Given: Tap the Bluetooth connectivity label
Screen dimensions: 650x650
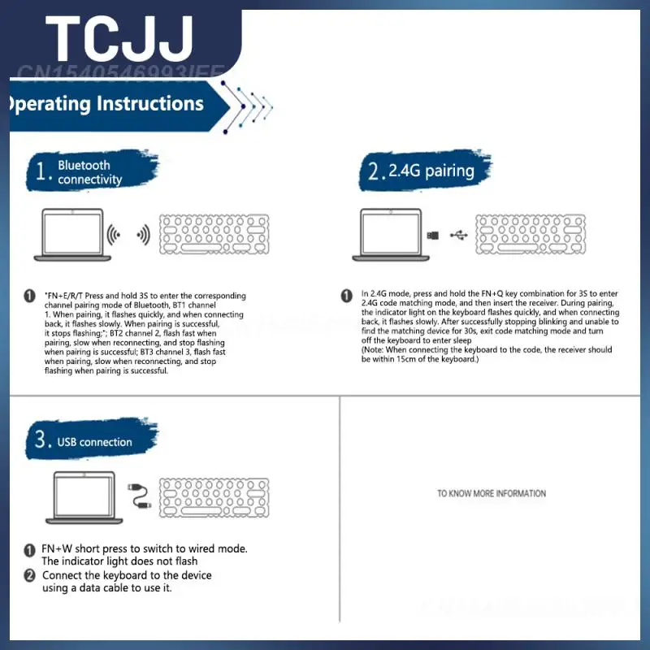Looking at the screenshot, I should tap(90, 172).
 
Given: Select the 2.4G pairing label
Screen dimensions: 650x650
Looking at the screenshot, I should tap(431, 171).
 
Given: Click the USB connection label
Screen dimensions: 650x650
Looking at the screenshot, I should tap(94, 442).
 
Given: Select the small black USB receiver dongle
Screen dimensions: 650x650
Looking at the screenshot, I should tap(435, 236).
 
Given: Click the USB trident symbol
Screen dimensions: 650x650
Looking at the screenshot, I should tap(458, 236).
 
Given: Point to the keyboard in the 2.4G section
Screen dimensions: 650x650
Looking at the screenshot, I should tap(531, 236).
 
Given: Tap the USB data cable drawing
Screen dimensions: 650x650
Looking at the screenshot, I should tap(139, 496).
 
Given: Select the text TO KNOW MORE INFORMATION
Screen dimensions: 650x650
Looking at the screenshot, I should tap(492, 493).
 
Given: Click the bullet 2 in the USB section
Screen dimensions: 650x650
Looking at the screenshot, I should tap(29, 575).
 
